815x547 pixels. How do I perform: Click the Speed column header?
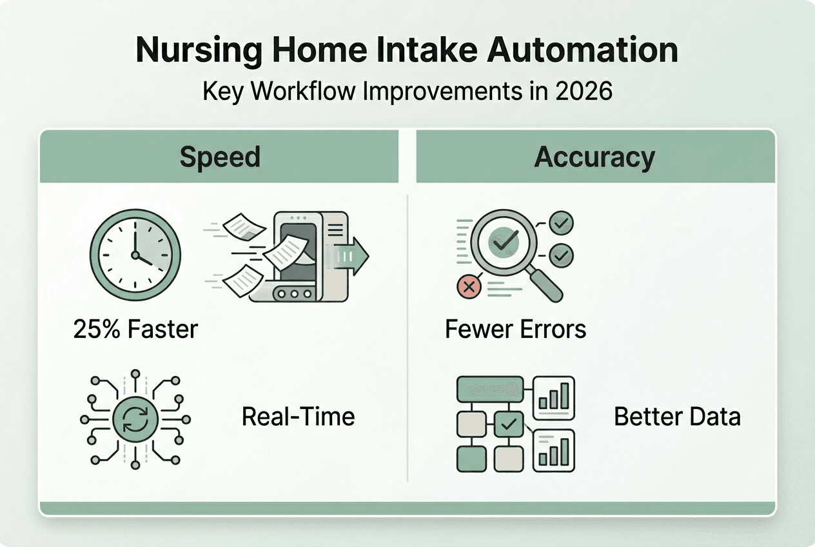click(x=219, y=157)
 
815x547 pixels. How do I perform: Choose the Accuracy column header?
click(x=594, y=157)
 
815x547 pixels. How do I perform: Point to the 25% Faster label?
click(x=135, y=330)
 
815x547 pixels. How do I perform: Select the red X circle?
click(x=469, y=286)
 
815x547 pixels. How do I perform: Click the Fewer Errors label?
click(x=515, y=330)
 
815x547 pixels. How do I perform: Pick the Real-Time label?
click(x=298, y=417)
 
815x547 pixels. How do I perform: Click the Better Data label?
click(x=676, y=417)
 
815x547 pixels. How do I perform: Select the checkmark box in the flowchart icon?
click(x=509, y=424)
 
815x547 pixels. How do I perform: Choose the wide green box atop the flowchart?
click(x=488, y=389)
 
